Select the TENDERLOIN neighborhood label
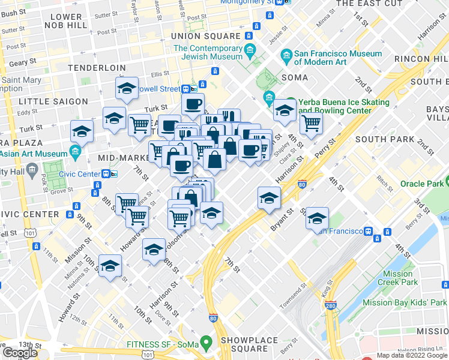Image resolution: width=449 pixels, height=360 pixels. point(97,68)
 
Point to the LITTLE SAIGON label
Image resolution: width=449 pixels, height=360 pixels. point(53,101)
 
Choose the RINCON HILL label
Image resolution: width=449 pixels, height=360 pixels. point(420,59)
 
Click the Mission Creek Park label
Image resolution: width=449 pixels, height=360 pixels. point(400,278)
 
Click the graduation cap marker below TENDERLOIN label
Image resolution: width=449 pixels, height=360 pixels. point(127,89)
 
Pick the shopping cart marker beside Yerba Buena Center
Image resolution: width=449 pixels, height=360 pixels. point(311,124)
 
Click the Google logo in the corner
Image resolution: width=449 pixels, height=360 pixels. point(20,353)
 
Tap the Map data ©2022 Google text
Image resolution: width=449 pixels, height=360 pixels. point(411,355)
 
